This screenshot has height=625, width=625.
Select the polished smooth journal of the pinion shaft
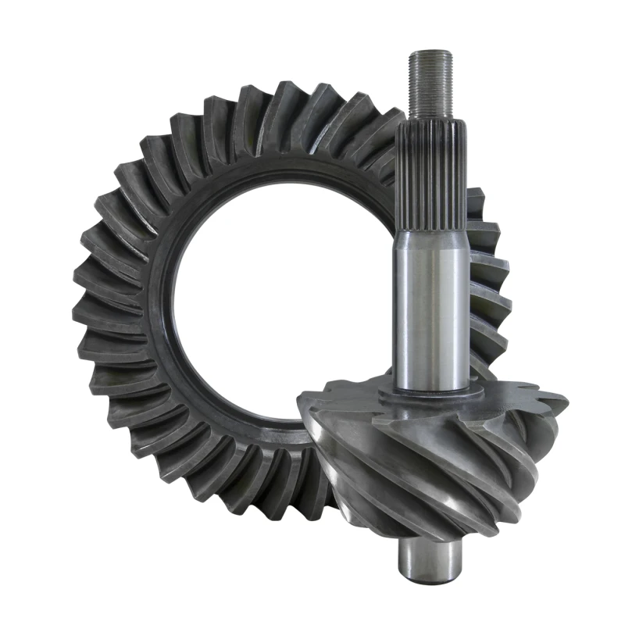433,312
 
